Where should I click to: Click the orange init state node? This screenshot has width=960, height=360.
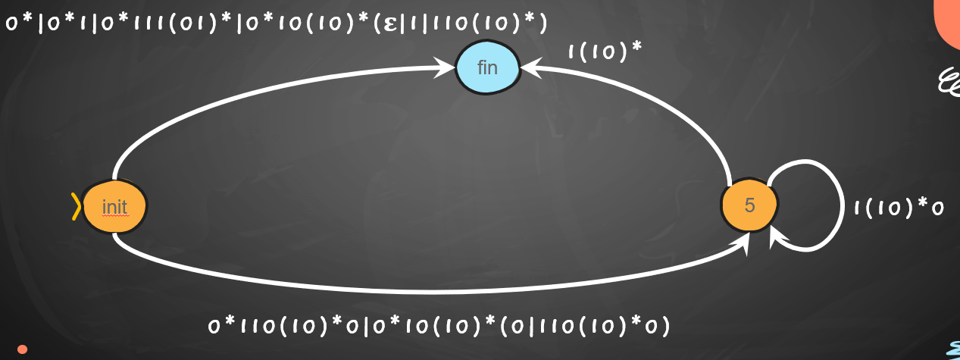click(114, 206)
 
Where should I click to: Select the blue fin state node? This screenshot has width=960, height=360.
click(487, 67)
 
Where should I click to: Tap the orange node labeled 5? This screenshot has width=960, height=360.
click(749, 205)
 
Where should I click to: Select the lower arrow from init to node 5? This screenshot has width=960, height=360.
click(424, 291)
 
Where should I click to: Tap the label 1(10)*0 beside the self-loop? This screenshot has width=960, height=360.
click(899, 208)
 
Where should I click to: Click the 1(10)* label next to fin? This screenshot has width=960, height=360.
click(605, 52)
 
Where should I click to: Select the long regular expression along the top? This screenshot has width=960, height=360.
click(276, 23)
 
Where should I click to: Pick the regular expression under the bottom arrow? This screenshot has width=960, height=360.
click(439, 326)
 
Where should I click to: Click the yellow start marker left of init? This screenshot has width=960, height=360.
click(76, 206)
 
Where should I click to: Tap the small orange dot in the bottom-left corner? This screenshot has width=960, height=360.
click(22, 349)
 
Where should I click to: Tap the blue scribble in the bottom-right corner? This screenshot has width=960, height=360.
click(953, 349)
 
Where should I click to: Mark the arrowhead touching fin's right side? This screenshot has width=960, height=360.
click(529, 68)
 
